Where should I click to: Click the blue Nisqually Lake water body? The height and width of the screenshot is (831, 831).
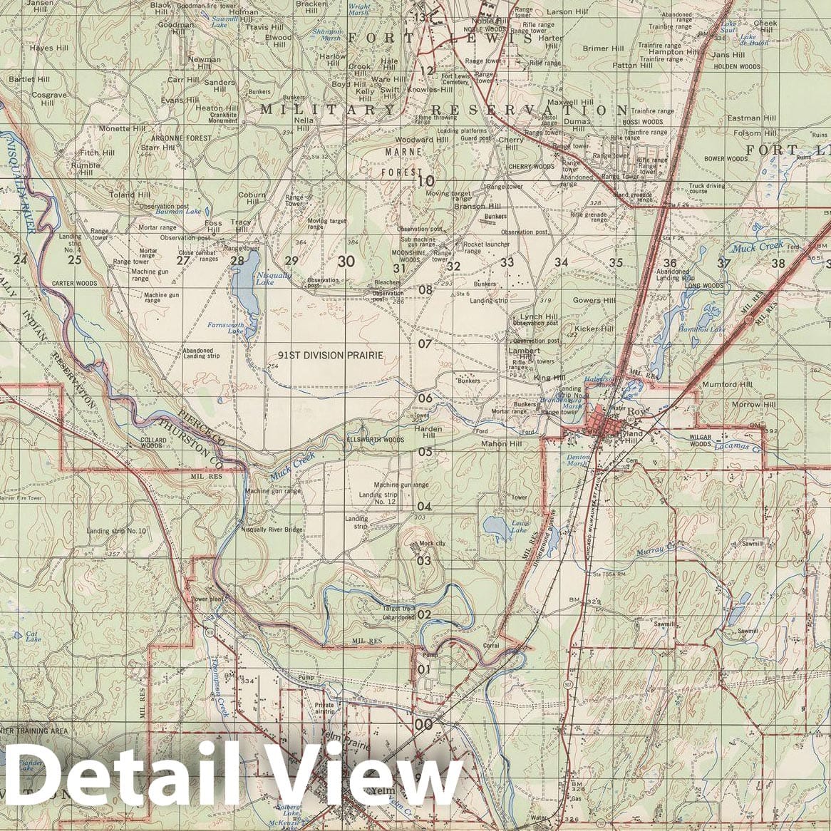(x=244, y=289)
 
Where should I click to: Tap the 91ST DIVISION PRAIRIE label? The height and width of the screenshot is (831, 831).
(x=331, y=355)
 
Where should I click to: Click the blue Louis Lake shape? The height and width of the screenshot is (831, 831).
(x=495, y=528)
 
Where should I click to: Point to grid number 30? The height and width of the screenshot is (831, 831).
(x=346, y=262)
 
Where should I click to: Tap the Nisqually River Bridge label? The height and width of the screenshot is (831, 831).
(x=272, y=530)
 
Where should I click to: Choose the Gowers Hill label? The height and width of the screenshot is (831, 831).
(x=594, y=301)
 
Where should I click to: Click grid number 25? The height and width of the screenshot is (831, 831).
(x=75, y=260)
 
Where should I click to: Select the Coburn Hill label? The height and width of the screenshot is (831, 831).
(x=252, y=198)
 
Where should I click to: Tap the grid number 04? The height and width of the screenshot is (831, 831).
(x=425, y=507)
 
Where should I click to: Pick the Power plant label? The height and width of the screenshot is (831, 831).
(x=207, y=599)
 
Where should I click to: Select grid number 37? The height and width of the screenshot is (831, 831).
(x=724, y=263)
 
